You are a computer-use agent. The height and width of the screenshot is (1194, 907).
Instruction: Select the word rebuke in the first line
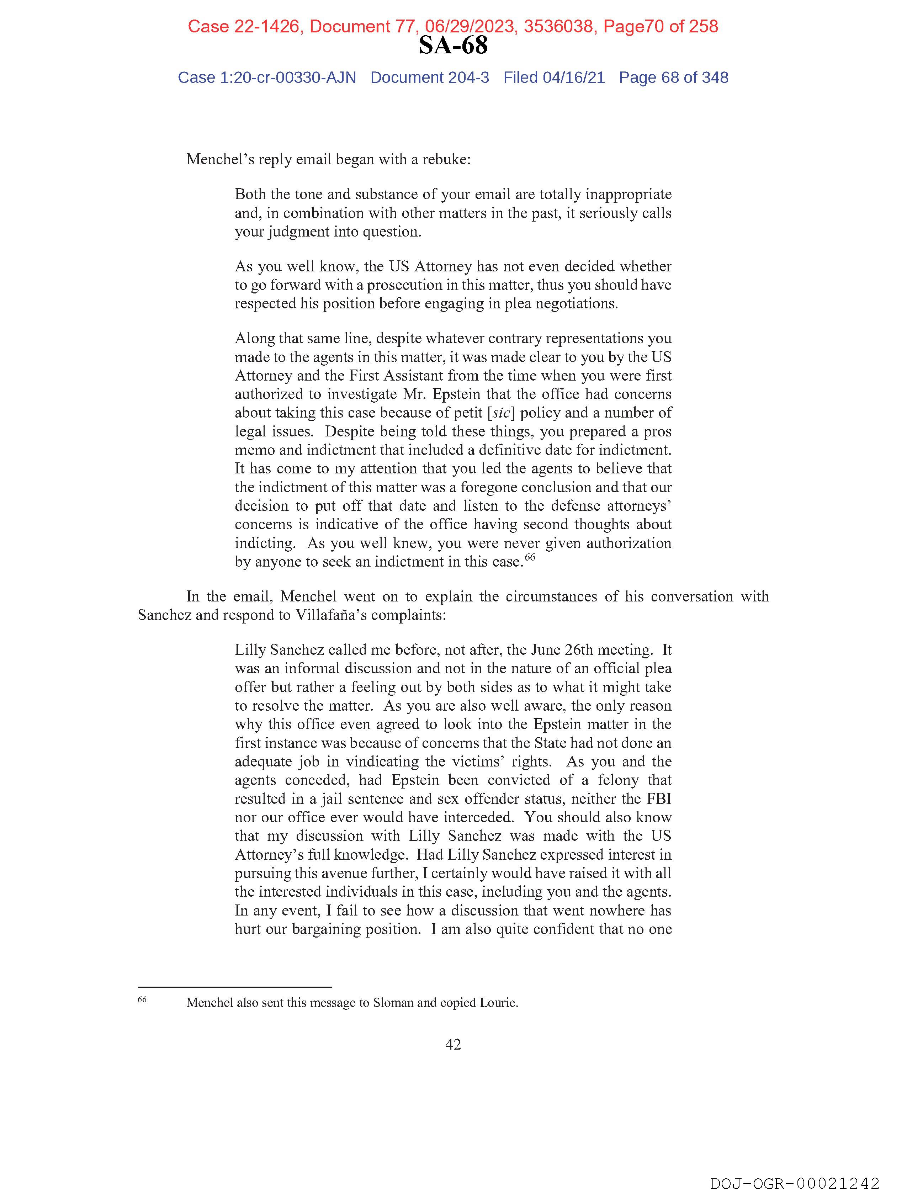coord(444,159)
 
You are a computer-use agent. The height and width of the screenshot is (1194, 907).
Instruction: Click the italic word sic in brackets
coord(501,412)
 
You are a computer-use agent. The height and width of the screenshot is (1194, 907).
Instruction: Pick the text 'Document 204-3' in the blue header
coord(430,78)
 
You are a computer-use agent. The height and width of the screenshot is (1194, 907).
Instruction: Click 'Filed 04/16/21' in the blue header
coord(554,78)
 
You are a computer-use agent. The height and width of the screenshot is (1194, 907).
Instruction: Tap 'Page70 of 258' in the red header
coord(660,26)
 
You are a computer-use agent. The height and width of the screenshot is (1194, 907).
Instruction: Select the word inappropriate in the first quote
coord(628,194)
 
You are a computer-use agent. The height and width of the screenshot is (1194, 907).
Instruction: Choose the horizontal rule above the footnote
coord(235,987)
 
